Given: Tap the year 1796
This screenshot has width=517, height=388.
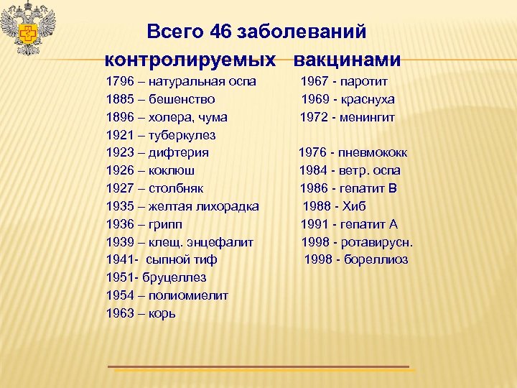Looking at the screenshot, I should [x=120, y=80].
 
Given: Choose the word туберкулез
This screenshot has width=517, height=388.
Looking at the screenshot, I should [x=182, y=134].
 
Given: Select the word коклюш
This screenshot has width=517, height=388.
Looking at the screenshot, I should [x=172, y=170].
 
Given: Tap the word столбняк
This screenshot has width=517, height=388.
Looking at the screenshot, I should [x=176, y=188].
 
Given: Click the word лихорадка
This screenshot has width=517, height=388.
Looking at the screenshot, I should [x=225, y=206].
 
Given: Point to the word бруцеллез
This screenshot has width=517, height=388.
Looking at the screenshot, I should [x=174, y=277].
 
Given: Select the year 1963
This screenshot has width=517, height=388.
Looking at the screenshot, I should [x=120, y=313].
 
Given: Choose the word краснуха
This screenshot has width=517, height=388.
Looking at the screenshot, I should [x=369, y=98].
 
